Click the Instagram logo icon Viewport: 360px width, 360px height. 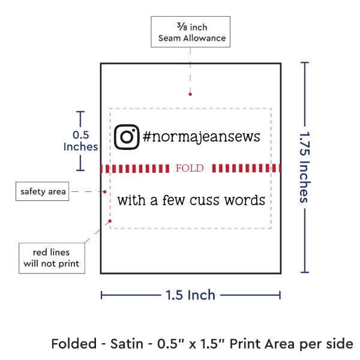pos(127,137)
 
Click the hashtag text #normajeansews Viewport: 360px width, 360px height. pos(202,137)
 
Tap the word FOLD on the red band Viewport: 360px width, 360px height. pos(190,168)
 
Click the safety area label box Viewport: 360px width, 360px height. pos(43,192)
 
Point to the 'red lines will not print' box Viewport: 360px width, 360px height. pos(51,257)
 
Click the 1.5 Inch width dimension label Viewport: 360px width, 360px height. pos(191,295)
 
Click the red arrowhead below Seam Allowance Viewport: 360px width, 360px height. pos(190,94)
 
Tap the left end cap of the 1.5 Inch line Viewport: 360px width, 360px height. pos(102,295)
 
